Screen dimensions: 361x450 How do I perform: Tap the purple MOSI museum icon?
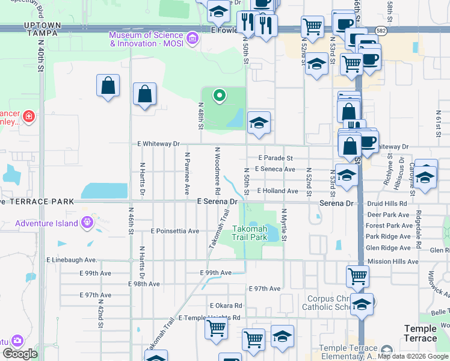193,39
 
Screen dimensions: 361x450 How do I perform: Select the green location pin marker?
220,95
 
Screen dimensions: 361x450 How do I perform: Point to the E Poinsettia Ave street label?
175,231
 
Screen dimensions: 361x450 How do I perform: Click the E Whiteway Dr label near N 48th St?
158,144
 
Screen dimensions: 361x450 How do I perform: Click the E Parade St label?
276,158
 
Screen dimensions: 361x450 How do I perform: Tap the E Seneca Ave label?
275,169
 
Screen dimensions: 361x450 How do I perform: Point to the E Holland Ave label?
277,191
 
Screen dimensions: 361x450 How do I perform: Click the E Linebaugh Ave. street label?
72,260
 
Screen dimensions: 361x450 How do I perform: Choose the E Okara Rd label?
226,306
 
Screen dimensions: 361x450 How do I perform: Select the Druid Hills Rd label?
387,203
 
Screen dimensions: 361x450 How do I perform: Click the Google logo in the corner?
20,354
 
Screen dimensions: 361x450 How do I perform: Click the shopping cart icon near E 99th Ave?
357,276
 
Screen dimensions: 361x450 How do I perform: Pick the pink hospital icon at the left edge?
29,115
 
